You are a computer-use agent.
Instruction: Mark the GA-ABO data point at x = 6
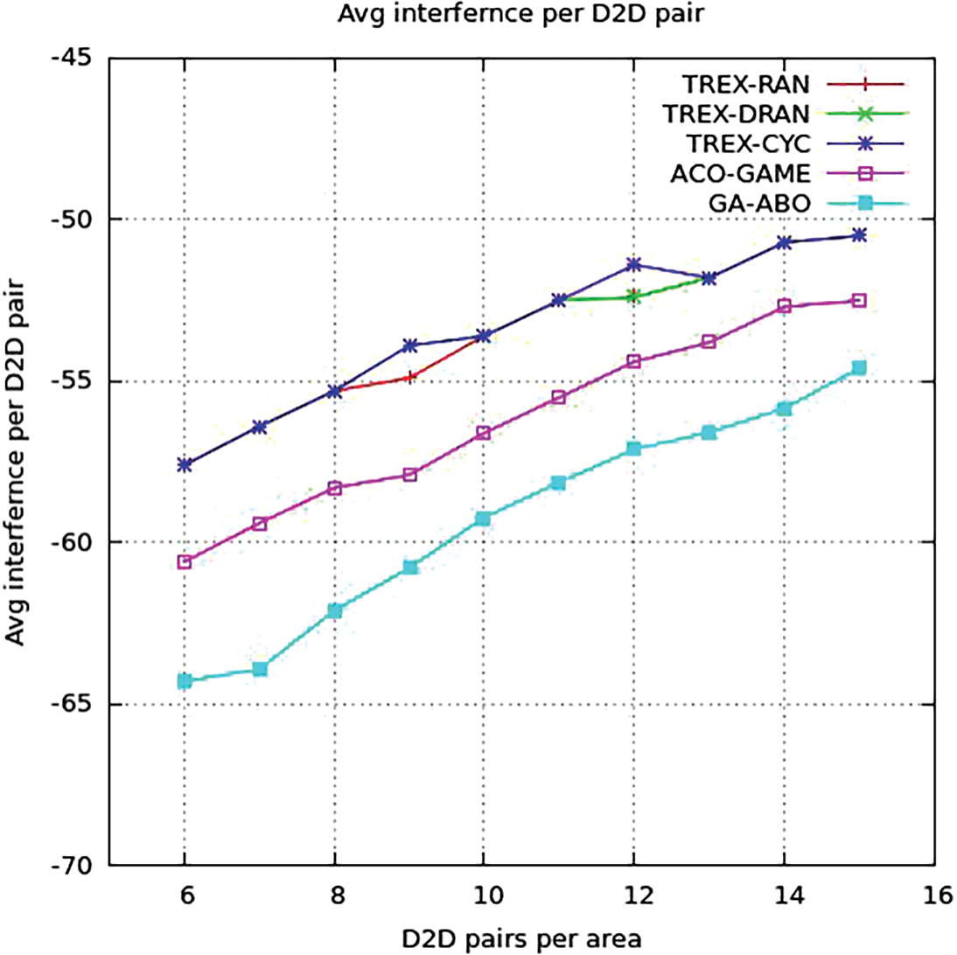[185, 681]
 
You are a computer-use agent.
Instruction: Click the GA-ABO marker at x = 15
[859, 368]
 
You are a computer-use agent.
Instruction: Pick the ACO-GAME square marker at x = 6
[185, 561]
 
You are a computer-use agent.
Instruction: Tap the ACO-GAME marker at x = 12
[634, 361]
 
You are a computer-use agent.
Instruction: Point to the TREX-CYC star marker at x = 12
[634, 264]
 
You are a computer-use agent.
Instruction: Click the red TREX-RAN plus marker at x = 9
[409, 377]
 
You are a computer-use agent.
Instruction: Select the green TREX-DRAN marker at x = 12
[634, 296]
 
